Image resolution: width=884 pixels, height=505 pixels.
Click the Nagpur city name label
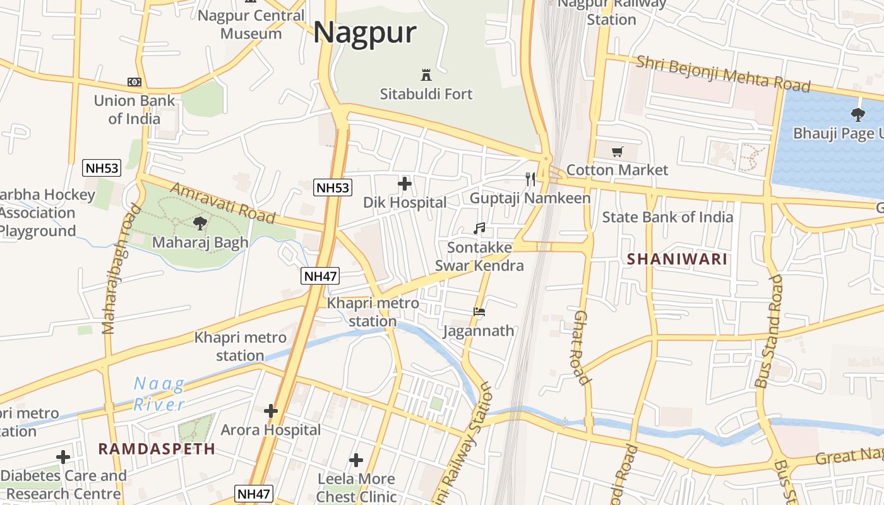tap(365, 32)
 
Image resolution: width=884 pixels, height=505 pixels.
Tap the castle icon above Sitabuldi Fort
tap(426, 74)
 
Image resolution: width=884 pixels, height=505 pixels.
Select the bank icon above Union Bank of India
tap(134, 82)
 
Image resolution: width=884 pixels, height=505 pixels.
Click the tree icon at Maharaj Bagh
tap(200, 223)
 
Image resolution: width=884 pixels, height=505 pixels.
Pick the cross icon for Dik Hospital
tap(405, 184)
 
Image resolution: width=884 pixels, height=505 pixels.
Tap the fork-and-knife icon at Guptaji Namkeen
tap(530, 179)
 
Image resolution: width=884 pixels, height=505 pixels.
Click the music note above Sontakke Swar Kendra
tap(479, 228)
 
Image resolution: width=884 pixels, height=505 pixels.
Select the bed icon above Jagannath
tap(479, 311)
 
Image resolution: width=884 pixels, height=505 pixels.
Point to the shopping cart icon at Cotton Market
tap(617, 151)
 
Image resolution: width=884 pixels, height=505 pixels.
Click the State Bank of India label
tap(667, 217)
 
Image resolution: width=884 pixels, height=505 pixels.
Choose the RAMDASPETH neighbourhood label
tap(157, 449)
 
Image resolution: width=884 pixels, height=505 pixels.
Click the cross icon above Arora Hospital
tap(271, 411)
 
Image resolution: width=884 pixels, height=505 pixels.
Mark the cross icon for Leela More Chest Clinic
tap(356, 460)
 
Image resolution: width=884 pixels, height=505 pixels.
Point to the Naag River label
tap(159, 394)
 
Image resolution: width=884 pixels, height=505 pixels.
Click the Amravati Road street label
tap(222, 203)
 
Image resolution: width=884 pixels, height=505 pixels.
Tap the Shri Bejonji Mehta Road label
tap(723, 74)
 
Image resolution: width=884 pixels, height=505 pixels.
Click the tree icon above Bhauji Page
tap(857, 115)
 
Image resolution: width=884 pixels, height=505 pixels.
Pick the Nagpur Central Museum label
tap(251, 24)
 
